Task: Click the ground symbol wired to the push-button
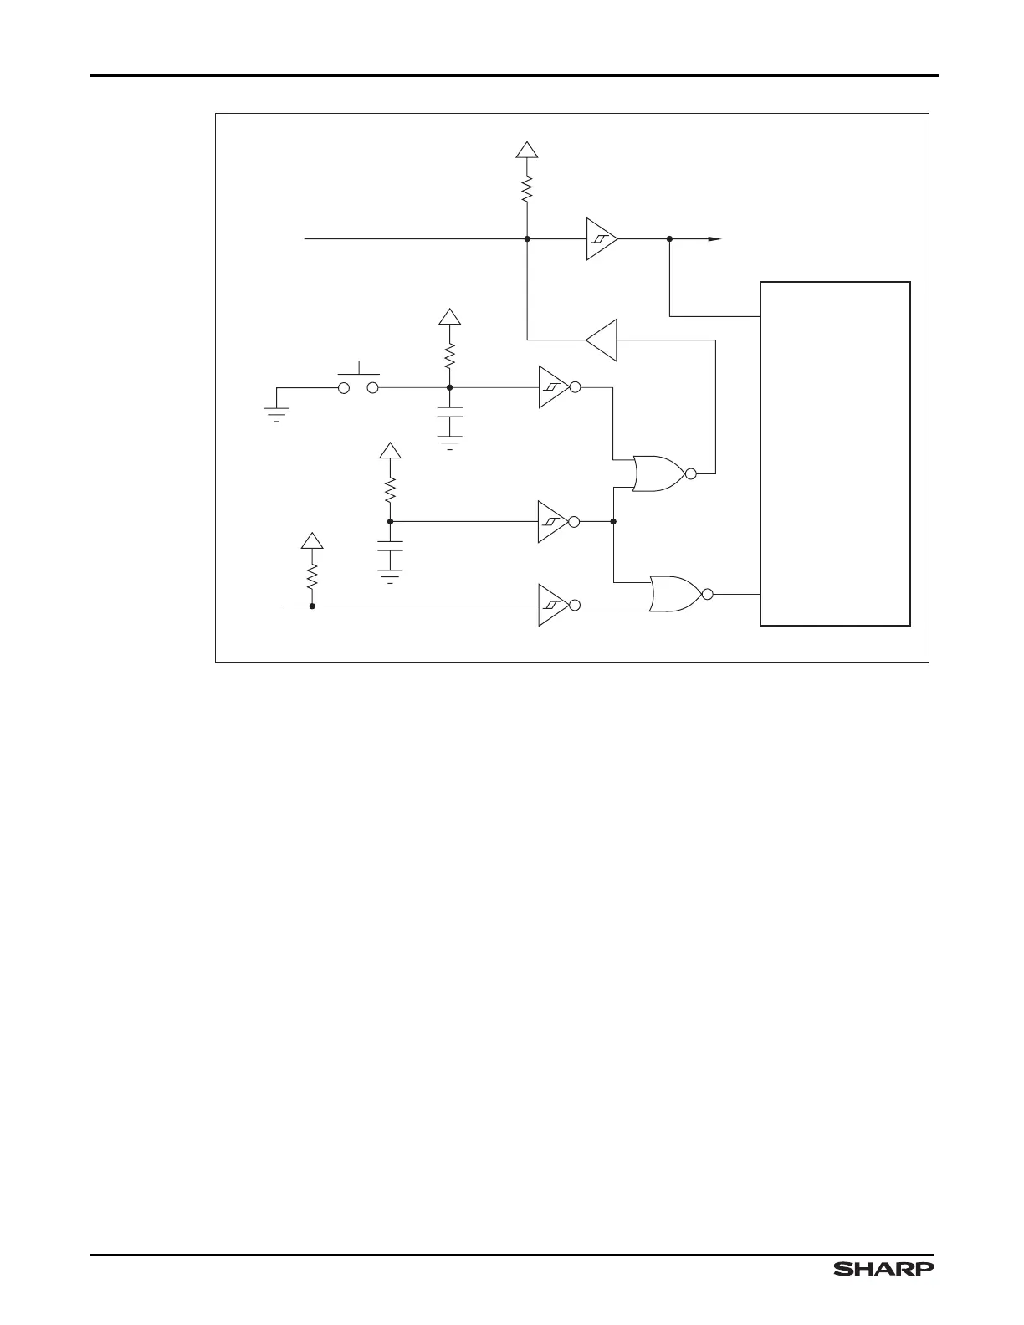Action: coord(276,412)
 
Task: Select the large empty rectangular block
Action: coord(834,453)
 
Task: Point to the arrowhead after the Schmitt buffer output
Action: coord(714,239)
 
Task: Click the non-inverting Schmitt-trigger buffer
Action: coord(600,239)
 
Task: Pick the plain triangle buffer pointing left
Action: coord(602,340)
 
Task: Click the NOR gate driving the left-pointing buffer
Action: coord(659,474)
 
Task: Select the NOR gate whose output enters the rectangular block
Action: coord(676,594)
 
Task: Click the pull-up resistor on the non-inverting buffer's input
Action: coord(527,190)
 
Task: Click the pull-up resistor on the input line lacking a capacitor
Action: coord(312,576)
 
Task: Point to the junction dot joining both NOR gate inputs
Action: coord(614,522)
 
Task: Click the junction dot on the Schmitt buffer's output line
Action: coord(670,239)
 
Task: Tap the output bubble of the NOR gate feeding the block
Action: coord(708,594)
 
